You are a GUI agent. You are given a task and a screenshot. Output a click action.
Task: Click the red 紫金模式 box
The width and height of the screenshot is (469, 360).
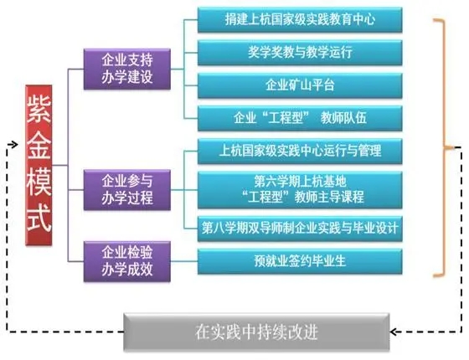[39, 166]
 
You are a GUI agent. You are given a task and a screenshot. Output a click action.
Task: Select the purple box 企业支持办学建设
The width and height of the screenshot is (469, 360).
[127, 69]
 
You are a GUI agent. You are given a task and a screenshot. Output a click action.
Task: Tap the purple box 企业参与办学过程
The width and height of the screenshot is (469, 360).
[127, 190]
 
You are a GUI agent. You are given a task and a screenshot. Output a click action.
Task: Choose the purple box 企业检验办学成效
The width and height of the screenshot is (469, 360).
[127, 261]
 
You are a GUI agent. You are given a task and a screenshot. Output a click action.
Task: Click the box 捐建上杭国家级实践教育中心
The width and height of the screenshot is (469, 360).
[300, 20]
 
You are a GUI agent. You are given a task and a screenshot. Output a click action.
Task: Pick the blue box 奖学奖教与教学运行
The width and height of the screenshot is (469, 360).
[300, 53]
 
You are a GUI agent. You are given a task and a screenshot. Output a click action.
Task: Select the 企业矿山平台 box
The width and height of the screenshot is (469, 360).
[300, 85]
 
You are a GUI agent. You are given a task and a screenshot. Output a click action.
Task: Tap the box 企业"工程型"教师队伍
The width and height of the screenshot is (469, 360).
[300, 118]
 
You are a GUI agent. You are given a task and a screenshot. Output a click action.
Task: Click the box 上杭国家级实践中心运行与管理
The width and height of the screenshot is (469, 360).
[300, 151]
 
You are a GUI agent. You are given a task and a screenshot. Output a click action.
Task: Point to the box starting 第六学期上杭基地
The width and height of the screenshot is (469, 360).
[300, 190]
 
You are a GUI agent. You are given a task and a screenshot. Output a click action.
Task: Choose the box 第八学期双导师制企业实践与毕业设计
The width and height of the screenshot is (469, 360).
[300, 229]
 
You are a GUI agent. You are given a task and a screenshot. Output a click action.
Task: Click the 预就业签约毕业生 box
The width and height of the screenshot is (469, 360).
[300, 261]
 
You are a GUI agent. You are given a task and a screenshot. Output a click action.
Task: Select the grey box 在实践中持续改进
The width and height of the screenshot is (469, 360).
[256, 332]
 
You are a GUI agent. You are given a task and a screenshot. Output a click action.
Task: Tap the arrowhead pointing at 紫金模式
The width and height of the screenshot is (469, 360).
[13, 145]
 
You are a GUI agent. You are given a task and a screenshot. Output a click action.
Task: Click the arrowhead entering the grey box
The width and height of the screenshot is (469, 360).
[394, 332]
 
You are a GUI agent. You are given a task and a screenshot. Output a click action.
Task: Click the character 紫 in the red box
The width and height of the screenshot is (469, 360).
[39, 108]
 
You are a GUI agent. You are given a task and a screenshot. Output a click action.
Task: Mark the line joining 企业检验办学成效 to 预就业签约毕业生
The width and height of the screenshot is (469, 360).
[184, 261]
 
